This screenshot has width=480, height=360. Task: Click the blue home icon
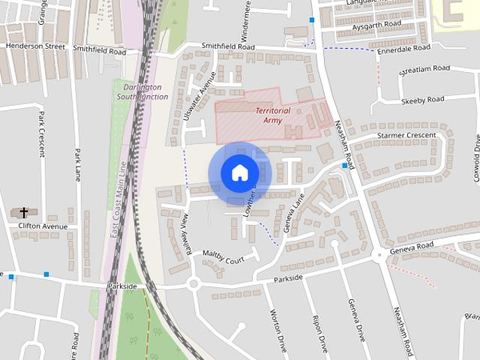pyautogui.click(x=239, y=172)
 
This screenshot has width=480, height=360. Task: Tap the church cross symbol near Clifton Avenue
pyautogui.click(x=23, y=213)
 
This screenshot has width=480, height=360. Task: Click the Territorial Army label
pyautogui.click(x=272, y=115)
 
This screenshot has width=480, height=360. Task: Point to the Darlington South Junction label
pyautogui.click(x=143, y=91)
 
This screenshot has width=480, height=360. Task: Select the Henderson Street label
pyautogui.click(x=35, y=46)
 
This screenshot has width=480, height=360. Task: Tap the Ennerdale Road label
pyautogui.click(x=405, y=48)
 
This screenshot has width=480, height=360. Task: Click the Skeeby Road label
pyautogui.click(x=423, y=100)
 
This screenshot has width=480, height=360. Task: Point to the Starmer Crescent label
pyautogui.click(x=406, y=136)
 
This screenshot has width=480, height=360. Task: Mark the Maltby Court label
pyautogui.click(x=223, y=260)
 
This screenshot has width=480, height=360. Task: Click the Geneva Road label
pyautogui.click(x=412, y=247)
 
